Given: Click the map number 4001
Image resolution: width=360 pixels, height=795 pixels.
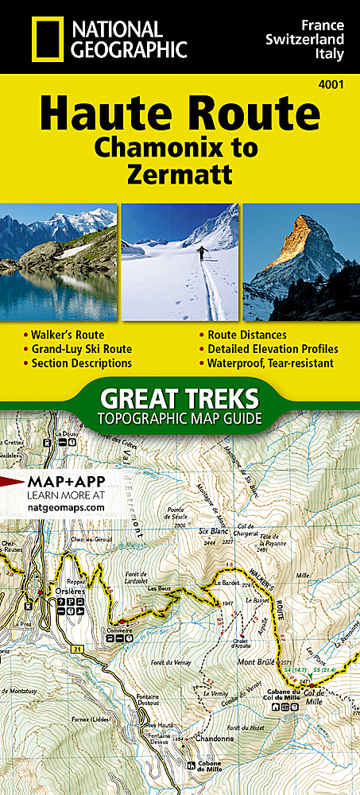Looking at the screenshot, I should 337,85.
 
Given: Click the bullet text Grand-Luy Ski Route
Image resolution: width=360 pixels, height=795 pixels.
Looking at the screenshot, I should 81,348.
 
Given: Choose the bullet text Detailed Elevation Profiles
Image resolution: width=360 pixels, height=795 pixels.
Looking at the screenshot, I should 273,348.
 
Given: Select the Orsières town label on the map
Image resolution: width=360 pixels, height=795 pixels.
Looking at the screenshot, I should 55,592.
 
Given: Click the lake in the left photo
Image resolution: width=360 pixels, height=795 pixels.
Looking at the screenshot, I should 56,294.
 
